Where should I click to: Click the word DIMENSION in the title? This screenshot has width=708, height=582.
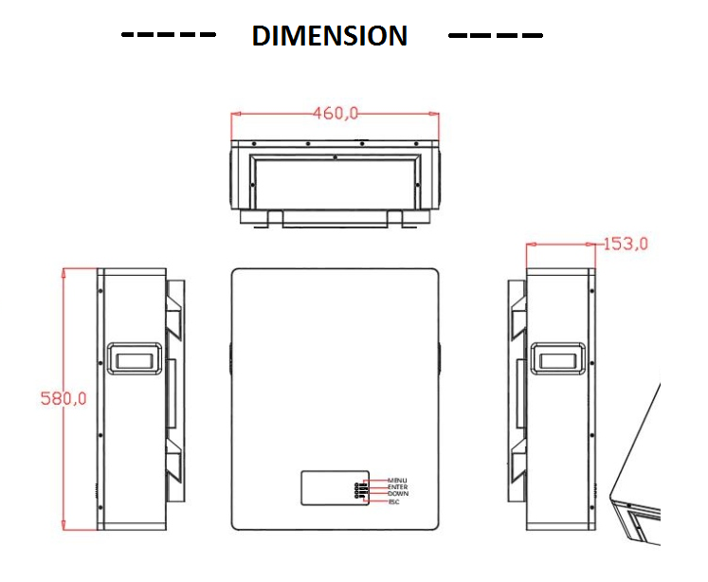point(329,36)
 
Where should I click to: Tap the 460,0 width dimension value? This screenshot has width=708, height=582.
point(336,114)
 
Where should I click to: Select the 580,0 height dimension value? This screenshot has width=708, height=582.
point(63,399)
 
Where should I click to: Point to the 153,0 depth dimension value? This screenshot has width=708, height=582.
point(626,244)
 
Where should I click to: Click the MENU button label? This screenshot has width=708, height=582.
point(397,481)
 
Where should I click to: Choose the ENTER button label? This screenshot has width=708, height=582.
point(397,487)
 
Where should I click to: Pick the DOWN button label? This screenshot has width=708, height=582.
point(397,494)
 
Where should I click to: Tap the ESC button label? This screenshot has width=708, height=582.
point(394,501)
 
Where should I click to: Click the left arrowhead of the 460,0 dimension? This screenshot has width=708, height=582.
point(236,114)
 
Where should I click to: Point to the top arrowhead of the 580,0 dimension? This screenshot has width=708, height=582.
point(63,272)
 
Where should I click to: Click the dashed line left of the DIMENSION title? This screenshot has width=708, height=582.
point(169,36)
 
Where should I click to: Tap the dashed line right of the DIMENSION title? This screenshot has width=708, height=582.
point(496,36)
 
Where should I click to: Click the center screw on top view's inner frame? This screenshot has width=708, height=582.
point(335,157)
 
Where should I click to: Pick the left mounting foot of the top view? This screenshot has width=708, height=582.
point(273,219)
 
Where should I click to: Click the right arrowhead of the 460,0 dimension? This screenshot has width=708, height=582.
point(435,114)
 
